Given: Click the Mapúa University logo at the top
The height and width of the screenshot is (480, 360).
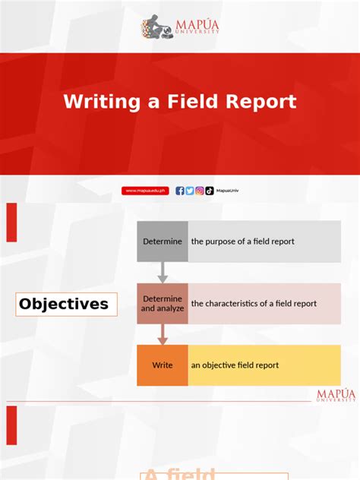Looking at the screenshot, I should tap(180, 28).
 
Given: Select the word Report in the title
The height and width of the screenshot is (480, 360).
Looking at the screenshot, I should tap(263, 102).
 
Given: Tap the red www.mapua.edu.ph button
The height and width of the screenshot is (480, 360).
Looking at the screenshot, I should tap(145, 191).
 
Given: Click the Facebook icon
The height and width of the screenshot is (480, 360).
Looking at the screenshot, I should tap(180, 191).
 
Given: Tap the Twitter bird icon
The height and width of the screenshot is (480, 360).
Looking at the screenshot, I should tap(190, 191).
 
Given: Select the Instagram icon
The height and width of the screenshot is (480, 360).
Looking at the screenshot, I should tap(200, 191).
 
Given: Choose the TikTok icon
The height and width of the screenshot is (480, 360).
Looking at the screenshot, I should tap(210, 191).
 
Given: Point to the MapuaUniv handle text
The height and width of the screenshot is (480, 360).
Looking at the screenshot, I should tap(226, 191).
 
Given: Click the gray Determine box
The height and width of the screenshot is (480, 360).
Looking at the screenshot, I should tap(163, 242).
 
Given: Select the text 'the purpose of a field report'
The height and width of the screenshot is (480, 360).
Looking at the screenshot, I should tap(242, 242).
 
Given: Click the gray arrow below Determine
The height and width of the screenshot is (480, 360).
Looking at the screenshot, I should tap(163, 273).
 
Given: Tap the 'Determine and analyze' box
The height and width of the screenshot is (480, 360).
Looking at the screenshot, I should tap(163, 304).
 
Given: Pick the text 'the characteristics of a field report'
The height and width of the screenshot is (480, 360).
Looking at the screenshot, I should tap(254, 304).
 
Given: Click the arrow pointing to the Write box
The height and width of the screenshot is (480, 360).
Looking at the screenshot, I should tap(163, 335).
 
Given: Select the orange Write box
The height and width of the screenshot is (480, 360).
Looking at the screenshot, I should tap(163, 365).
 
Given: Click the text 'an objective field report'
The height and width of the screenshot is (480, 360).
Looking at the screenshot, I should tap(235, 365).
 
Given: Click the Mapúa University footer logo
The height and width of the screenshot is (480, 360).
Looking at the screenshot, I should tap(335, 395).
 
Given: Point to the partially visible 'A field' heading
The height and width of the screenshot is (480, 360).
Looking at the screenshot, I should tap(181, 473).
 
